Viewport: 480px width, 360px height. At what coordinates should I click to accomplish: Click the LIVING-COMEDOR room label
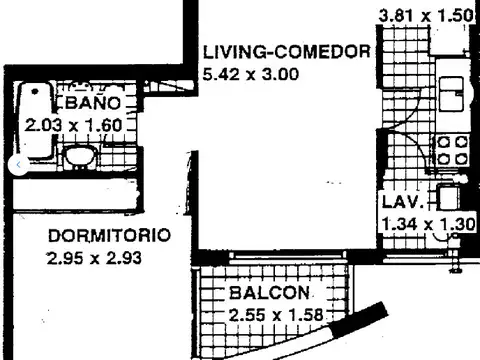coord(287,53)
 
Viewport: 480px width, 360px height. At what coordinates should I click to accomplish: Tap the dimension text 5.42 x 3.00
coord(251,73)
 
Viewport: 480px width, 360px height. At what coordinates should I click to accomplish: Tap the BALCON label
coord(269,294)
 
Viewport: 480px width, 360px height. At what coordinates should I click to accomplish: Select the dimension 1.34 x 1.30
coord(427,223)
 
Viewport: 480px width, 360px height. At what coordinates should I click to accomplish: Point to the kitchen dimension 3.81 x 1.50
coord(425,16)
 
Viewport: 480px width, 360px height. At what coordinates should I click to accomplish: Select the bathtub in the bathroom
coord(35,125)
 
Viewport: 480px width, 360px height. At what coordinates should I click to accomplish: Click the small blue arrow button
coord(16,163)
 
